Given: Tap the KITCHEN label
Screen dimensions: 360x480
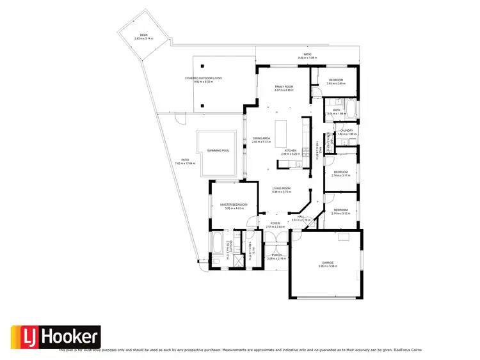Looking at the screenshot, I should [290, 150].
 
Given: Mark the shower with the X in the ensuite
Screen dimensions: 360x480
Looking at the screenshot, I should [238, 260].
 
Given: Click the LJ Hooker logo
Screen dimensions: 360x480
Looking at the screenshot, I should [56, 337].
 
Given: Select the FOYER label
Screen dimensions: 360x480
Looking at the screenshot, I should [275, 224].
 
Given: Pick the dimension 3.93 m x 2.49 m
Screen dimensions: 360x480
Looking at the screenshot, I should [336, 84].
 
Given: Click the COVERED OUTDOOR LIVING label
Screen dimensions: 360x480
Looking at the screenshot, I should [204, 79].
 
